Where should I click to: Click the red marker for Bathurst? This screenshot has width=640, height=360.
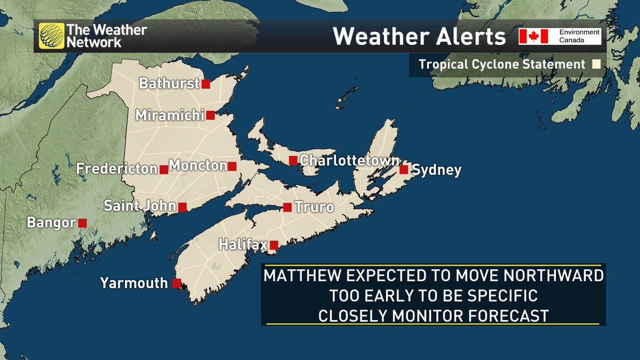point(205,84)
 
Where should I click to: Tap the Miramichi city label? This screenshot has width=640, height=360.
point(170,115)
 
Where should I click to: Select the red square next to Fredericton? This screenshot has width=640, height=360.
point(164,170)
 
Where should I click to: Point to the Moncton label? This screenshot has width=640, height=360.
point(198,166)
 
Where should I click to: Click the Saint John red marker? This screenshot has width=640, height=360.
point(182,207)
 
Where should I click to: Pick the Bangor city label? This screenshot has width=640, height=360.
point(51,222)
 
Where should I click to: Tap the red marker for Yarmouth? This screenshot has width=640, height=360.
point(176,283)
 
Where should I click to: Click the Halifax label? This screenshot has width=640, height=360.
point(243,245)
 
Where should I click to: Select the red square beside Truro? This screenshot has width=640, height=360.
point(287,207)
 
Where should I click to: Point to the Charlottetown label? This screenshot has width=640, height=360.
point(349,161)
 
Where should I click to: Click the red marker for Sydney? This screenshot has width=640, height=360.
point(404,170)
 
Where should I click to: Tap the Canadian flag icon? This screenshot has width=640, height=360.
point(534,36)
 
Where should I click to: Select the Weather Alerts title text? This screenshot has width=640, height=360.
point(419,37)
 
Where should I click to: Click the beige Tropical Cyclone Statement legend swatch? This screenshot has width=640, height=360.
point(596,65)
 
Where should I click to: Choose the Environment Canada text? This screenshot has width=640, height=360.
point(579,36)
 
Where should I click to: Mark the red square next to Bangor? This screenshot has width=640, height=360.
point(82,222)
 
